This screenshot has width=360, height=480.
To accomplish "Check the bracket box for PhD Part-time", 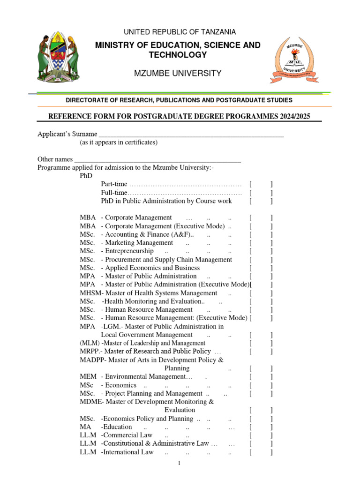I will tap(261, 184).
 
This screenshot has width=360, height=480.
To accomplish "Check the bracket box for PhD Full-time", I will tap(261, 193).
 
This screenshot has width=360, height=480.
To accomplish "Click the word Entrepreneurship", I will tap(130, 251).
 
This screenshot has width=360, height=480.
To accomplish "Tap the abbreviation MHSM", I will tap(90, 293).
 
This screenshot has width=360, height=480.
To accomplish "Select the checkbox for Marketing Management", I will tap(261, 243).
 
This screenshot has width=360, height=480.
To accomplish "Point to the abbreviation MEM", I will tap(88, 376).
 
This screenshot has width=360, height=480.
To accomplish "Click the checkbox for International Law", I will tap(261, 452).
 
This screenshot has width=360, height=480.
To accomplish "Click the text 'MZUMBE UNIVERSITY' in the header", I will tap(178, 74).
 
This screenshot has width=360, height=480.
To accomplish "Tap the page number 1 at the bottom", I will tap(179, 464).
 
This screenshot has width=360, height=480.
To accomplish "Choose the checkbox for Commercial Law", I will tap(261, 435).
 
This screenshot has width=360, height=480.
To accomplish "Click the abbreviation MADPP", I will tap(92, 360).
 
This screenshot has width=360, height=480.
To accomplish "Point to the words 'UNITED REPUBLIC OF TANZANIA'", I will tap(180, 32).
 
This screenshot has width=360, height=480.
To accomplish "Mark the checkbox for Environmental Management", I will tap(261, 376).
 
